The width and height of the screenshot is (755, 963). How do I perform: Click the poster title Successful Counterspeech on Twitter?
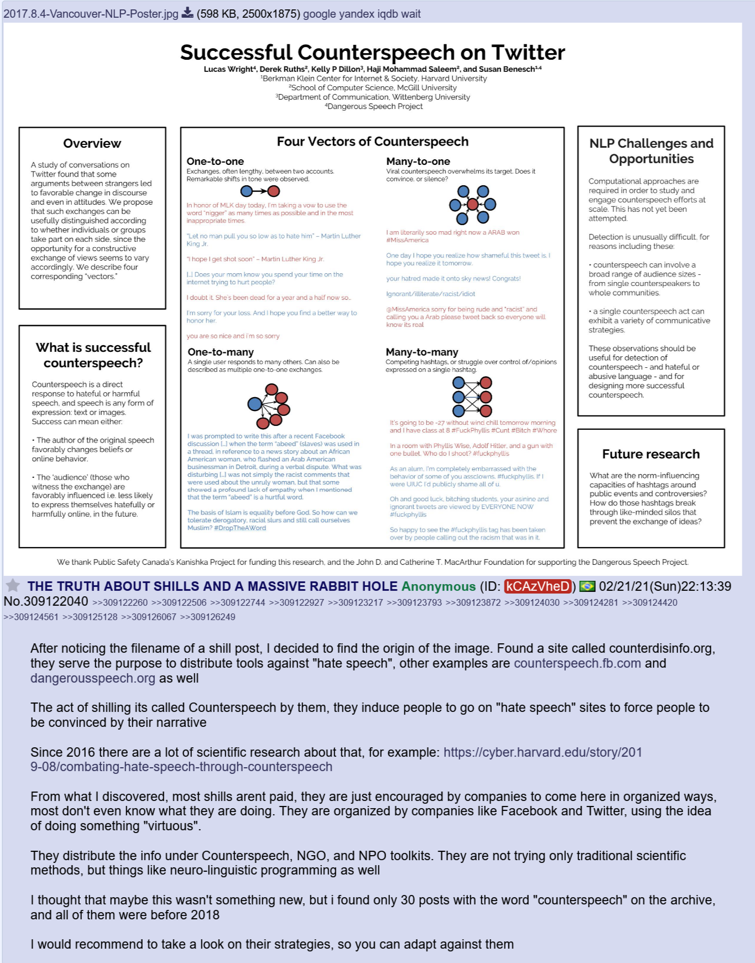(372, 53)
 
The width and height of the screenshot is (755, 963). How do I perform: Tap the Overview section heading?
(92, 144)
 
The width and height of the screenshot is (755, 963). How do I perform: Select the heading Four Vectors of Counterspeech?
(372, 142)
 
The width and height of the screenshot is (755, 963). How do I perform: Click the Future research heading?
(650, 454)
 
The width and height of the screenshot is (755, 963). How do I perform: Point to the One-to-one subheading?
(215, 162)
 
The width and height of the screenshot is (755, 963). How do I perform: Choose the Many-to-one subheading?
(418, 162)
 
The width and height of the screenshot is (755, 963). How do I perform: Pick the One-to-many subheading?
(220, 352)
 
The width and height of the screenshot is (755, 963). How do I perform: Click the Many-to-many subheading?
(421, 352)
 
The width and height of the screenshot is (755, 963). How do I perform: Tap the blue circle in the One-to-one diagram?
(247, 191)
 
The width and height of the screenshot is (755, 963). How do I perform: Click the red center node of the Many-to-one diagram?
(472, 205)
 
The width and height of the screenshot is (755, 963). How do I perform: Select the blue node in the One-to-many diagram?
(254, 404)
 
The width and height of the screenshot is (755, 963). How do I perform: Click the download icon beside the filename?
(188, 13)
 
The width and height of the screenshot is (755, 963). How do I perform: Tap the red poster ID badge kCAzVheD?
(537, 586)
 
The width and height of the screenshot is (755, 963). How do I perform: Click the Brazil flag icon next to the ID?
(587, 586)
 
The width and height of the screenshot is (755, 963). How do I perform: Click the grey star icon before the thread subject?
(13, 585)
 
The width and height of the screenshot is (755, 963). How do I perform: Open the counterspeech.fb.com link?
(577, 663)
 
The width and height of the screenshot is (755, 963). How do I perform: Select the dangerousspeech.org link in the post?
(92, 678)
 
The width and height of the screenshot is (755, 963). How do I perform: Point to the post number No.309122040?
(45, 602)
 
